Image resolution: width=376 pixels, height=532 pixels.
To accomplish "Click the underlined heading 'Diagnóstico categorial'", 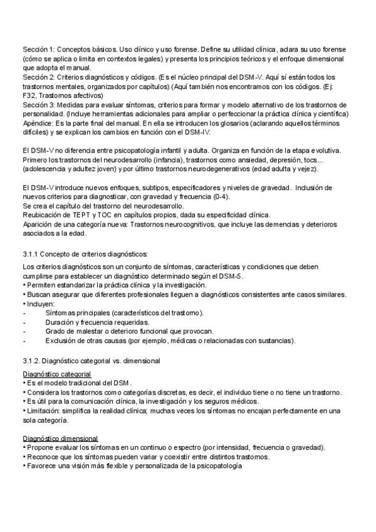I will [x=57, y=374].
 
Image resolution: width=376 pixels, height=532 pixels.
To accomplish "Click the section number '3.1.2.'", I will [x=33, y=361].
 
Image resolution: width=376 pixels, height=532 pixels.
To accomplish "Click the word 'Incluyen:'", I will [x=41, y=304].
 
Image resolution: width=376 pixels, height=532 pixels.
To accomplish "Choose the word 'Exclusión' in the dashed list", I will [x=61, y=341].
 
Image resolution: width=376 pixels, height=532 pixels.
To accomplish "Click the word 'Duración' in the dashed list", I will [x=60, y=322].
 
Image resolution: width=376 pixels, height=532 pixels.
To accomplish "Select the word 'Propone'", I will [x=39, y=447].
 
